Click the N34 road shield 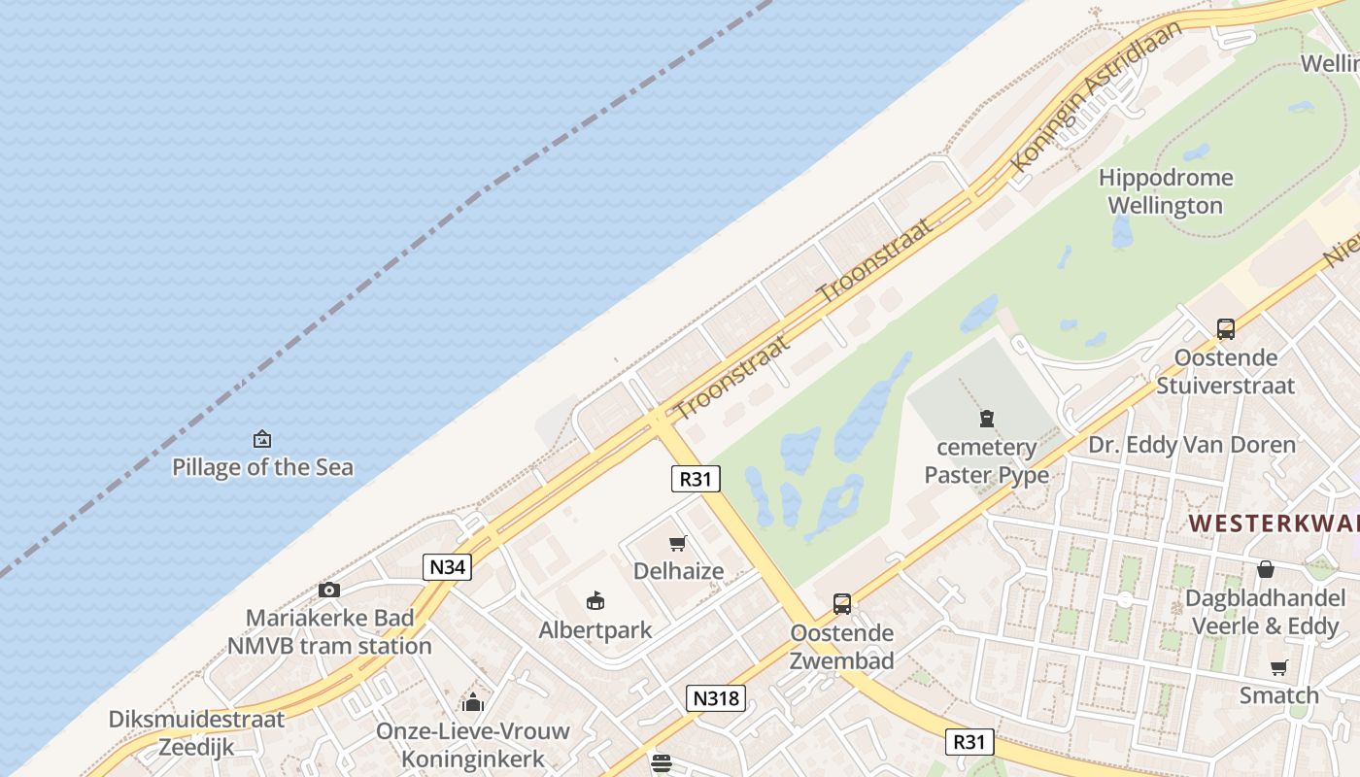[x=447, y=566]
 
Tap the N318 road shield [x=716, y=697]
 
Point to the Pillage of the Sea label [x=262, y=467]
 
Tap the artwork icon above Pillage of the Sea [x=261, y=439]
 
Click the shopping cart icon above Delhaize [x=678, y=543]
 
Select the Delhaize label [x=678, y=571]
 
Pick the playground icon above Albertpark [x=595, y=601]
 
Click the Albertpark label [x=595, y=630]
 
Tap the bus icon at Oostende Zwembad [x=842, y=603]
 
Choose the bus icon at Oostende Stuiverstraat [x=1226, y=328]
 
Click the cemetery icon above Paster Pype [x=987, y=419]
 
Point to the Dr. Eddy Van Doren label [x=1191, y=445]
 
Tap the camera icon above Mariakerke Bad [x=329, y=590]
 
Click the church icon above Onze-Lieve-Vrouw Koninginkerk [x=473, y=701]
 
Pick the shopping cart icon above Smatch [x=1278, y=667]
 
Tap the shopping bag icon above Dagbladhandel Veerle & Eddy [x=1265, y=569]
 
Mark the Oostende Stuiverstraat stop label [x=1225, y=371]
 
